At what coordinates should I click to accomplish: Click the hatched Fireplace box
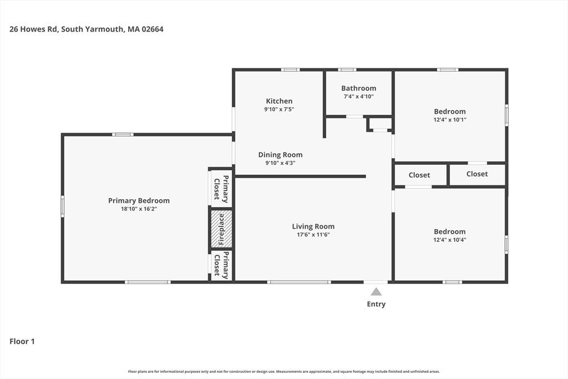pos(221,229)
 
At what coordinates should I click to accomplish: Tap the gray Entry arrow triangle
pos(376,292)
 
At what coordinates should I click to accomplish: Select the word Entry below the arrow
pos(376,304)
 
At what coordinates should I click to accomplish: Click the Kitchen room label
pos(279,101)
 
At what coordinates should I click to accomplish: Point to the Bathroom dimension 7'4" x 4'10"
pos(359,97)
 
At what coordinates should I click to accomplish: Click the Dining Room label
pos(280,155)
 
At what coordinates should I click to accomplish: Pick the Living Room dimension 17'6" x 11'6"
pos(313,234)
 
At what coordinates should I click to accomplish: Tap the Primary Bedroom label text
pos(139,200)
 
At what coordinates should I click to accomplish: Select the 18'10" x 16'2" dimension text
pos(139,209)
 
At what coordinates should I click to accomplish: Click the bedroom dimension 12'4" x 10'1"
pos(450,119)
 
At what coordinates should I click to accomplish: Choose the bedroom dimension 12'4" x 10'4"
pos(450,240)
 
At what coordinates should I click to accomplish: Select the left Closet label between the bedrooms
pos(419,175)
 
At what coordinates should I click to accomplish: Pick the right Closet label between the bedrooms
pos(477,174)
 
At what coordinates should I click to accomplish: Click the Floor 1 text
pos(22,341)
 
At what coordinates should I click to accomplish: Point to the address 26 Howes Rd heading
pos(86,29)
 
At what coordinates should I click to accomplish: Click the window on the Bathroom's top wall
pos(347,69)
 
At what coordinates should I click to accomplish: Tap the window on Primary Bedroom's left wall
pos(62,206)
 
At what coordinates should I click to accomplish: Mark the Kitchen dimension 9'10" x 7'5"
pos(279,109)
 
